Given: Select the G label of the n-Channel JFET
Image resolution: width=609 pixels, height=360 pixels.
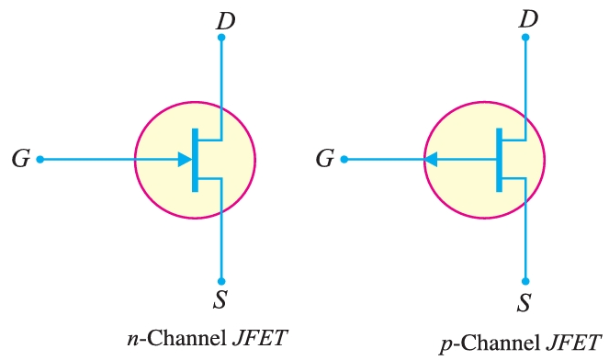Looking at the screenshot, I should tap(20, 159).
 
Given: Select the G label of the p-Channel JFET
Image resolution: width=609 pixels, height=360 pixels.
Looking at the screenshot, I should tap(324, 159).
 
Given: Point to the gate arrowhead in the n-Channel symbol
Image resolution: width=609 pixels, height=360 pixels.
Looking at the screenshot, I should tap(184, 159).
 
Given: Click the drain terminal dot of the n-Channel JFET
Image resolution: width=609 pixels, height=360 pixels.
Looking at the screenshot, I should tap(221, 38).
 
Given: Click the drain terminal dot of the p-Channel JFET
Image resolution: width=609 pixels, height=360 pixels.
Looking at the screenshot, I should tap(525, 38).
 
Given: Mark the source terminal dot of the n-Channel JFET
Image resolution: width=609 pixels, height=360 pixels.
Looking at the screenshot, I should tap(221, 281).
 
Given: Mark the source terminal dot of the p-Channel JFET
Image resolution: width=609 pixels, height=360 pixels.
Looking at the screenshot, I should tap(525, 281).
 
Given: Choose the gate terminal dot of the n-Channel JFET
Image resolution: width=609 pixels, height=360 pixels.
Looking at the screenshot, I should tap(39, 159).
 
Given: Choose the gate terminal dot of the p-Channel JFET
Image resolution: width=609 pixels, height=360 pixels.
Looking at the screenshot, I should tap(344, 159).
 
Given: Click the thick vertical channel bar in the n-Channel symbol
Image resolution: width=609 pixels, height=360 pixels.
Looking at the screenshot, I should tap(195, 159).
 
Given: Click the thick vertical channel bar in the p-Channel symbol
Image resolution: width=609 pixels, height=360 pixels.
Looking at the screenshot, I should tap(499, 159).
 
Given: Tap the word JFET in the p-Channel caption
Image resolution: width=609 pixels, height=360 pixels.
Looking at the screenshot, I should tap(571, 345).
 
